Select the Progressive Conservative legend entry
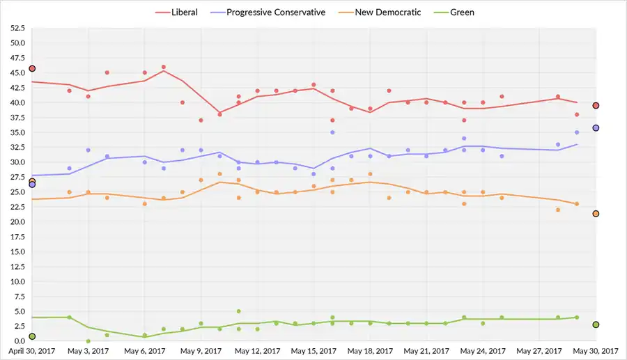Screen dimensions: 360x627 point(275,12)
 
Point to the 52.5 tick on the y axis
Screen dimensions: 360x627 point(17,29)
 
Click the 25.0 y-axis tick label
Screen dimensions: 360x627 point(17,192)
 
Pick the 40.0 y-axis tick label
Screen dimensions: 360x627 point(17,103)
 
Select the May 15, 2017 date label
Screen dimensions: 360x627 point(313,352)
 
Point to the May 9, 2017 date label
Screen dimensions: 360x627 point(201,352)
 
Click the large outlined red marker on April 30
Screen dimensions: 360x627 point(32,68)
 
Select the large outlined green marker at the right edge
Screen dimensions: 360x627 point(596,324)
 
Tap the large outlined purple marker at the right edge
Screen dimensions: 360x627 point(596,128)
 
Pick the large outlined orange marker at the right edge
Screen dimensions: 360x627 point(596,214)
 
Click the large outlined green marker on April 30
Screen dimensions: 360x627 point(32,336)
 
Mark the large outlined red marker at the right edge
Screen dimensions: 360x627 point(596,105)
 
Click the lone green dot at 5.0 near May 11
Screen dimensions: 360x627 point(238,311)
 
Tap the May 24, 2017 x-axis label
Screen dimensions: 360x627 point(481,352)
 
